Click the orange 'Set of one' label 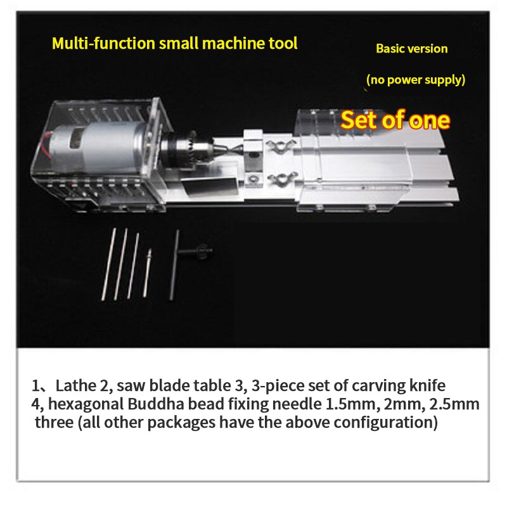[x=395, y=120]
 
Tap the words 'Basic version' [x=411, y=49]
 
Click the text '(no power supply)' [x=416, y=80]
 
